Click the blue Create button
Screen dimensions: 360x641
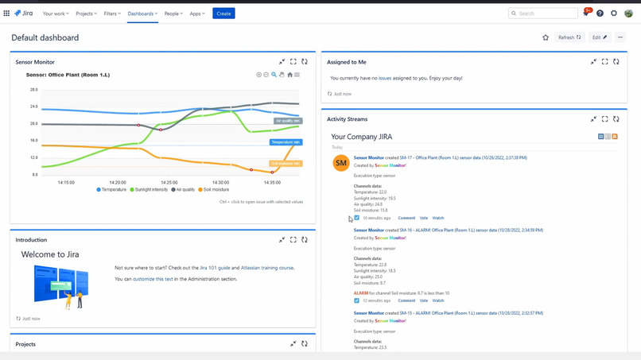(x=223, y=14)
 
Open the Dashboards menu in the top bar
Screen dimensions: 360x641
(x=142, y=14)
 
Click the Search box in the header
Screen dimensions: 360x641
(x=544, y=14)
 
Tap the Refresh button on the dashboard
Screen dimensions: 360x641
(x=569, y=37)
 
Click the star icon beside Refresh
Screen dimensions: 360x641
(x=546, y=37)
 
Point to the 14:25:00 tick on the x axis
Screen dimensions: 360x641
(x=169, y=183)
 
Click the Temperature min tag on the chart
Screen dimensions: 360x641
(x=286, y=142)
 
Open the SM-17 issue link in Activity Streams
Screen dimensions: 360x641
(x=406, y=158)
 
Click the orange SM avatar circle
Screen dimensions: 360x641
(x=341, y=163)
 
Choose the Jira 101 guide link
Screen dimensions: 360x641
(x=215, y=268)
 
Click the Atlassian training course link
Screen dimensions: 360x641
(x=266, y=268)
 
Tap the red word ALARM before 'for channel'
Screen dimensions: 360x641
(x=361, y=293)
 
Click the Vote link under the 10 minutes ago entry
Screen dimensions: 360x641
(x=423, y=218)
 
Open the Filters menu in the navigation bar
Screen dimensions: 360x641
(x=112, y=14)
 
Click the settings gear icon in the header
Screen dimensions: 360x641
(x=614, y=14)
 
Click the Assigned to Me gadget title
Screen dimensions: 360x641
(x=347, y=62)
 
